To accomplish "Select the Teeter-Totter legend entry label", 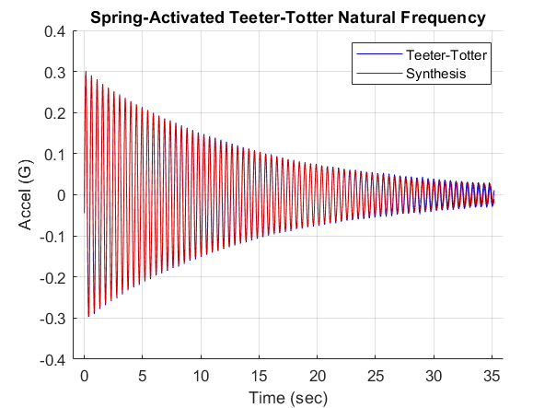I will coord(446,55).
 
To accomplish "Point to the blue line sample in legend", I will coord(378,55).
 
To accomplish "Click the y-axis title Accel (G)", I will coord(27,195).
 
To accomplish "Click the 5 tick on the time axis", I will coord(143,376).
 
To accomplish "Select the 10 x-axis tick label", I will coord(201,376).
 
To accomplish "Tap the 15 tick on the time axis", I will coord(260,376).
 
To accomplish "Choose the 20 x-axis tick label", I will coord(318,376).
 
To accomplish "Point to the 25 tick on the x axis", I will coord(376,376).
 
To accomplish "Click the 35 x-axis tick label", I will coord(493,376).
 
